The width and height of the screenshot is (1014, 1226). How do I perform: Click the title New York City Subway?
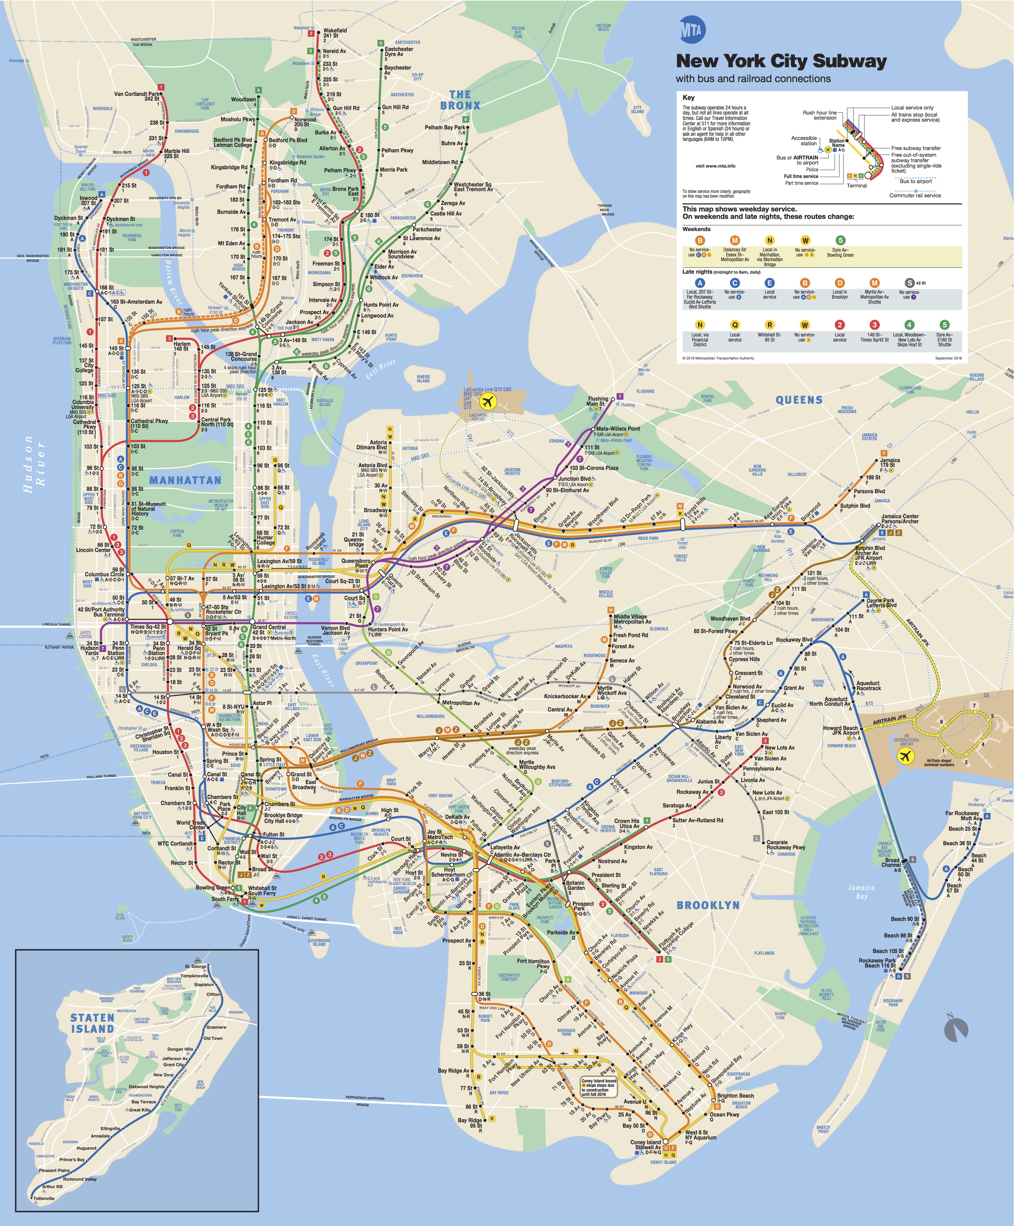[x=781, y=61]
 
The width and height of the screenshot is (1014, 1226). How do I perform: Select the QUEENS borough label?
[x=798, y=400]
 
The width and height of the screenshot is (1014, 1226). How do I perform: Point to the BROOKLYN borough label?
[x=708, y=905]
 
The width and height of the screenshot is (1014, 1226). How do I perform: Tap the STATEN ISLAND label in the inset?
[x=92, y=1023]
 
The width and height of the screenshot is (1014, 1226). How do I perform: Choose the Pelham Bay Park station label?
[x=445, y=127]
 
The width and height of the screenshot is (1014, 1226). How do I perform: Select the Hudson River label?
[x=34, y=464]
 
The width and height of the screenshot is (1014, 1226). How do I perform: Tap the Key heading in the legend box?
[x=688, y=98]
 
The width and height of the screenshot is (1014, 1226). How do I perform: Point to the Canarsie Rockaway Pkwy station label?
[x=785, y=845]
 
